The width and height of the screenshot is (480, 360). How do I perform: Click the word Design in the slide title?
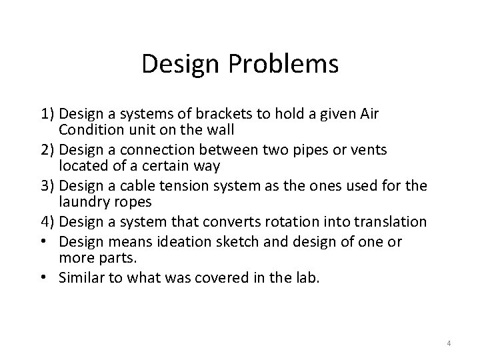pyautogui.click(x=183, y=64)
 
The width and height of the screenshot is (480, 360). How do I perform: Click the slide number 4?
pyautogui.click(x=449, y=343)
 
